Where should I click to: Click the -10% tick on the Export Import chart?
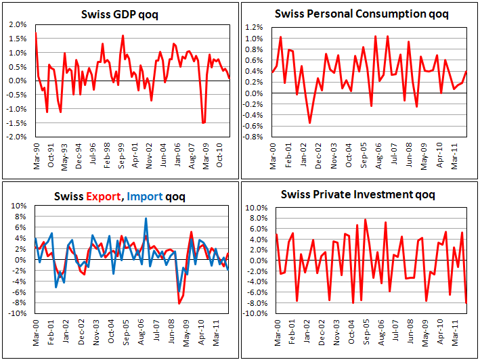17,314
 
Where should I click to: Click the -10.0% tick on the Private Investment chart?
259,314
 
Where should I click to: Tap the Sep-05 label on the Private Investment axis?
365,333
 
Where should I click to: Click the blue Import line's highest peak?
146,219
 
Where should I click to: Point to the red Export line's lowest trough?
179,303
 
